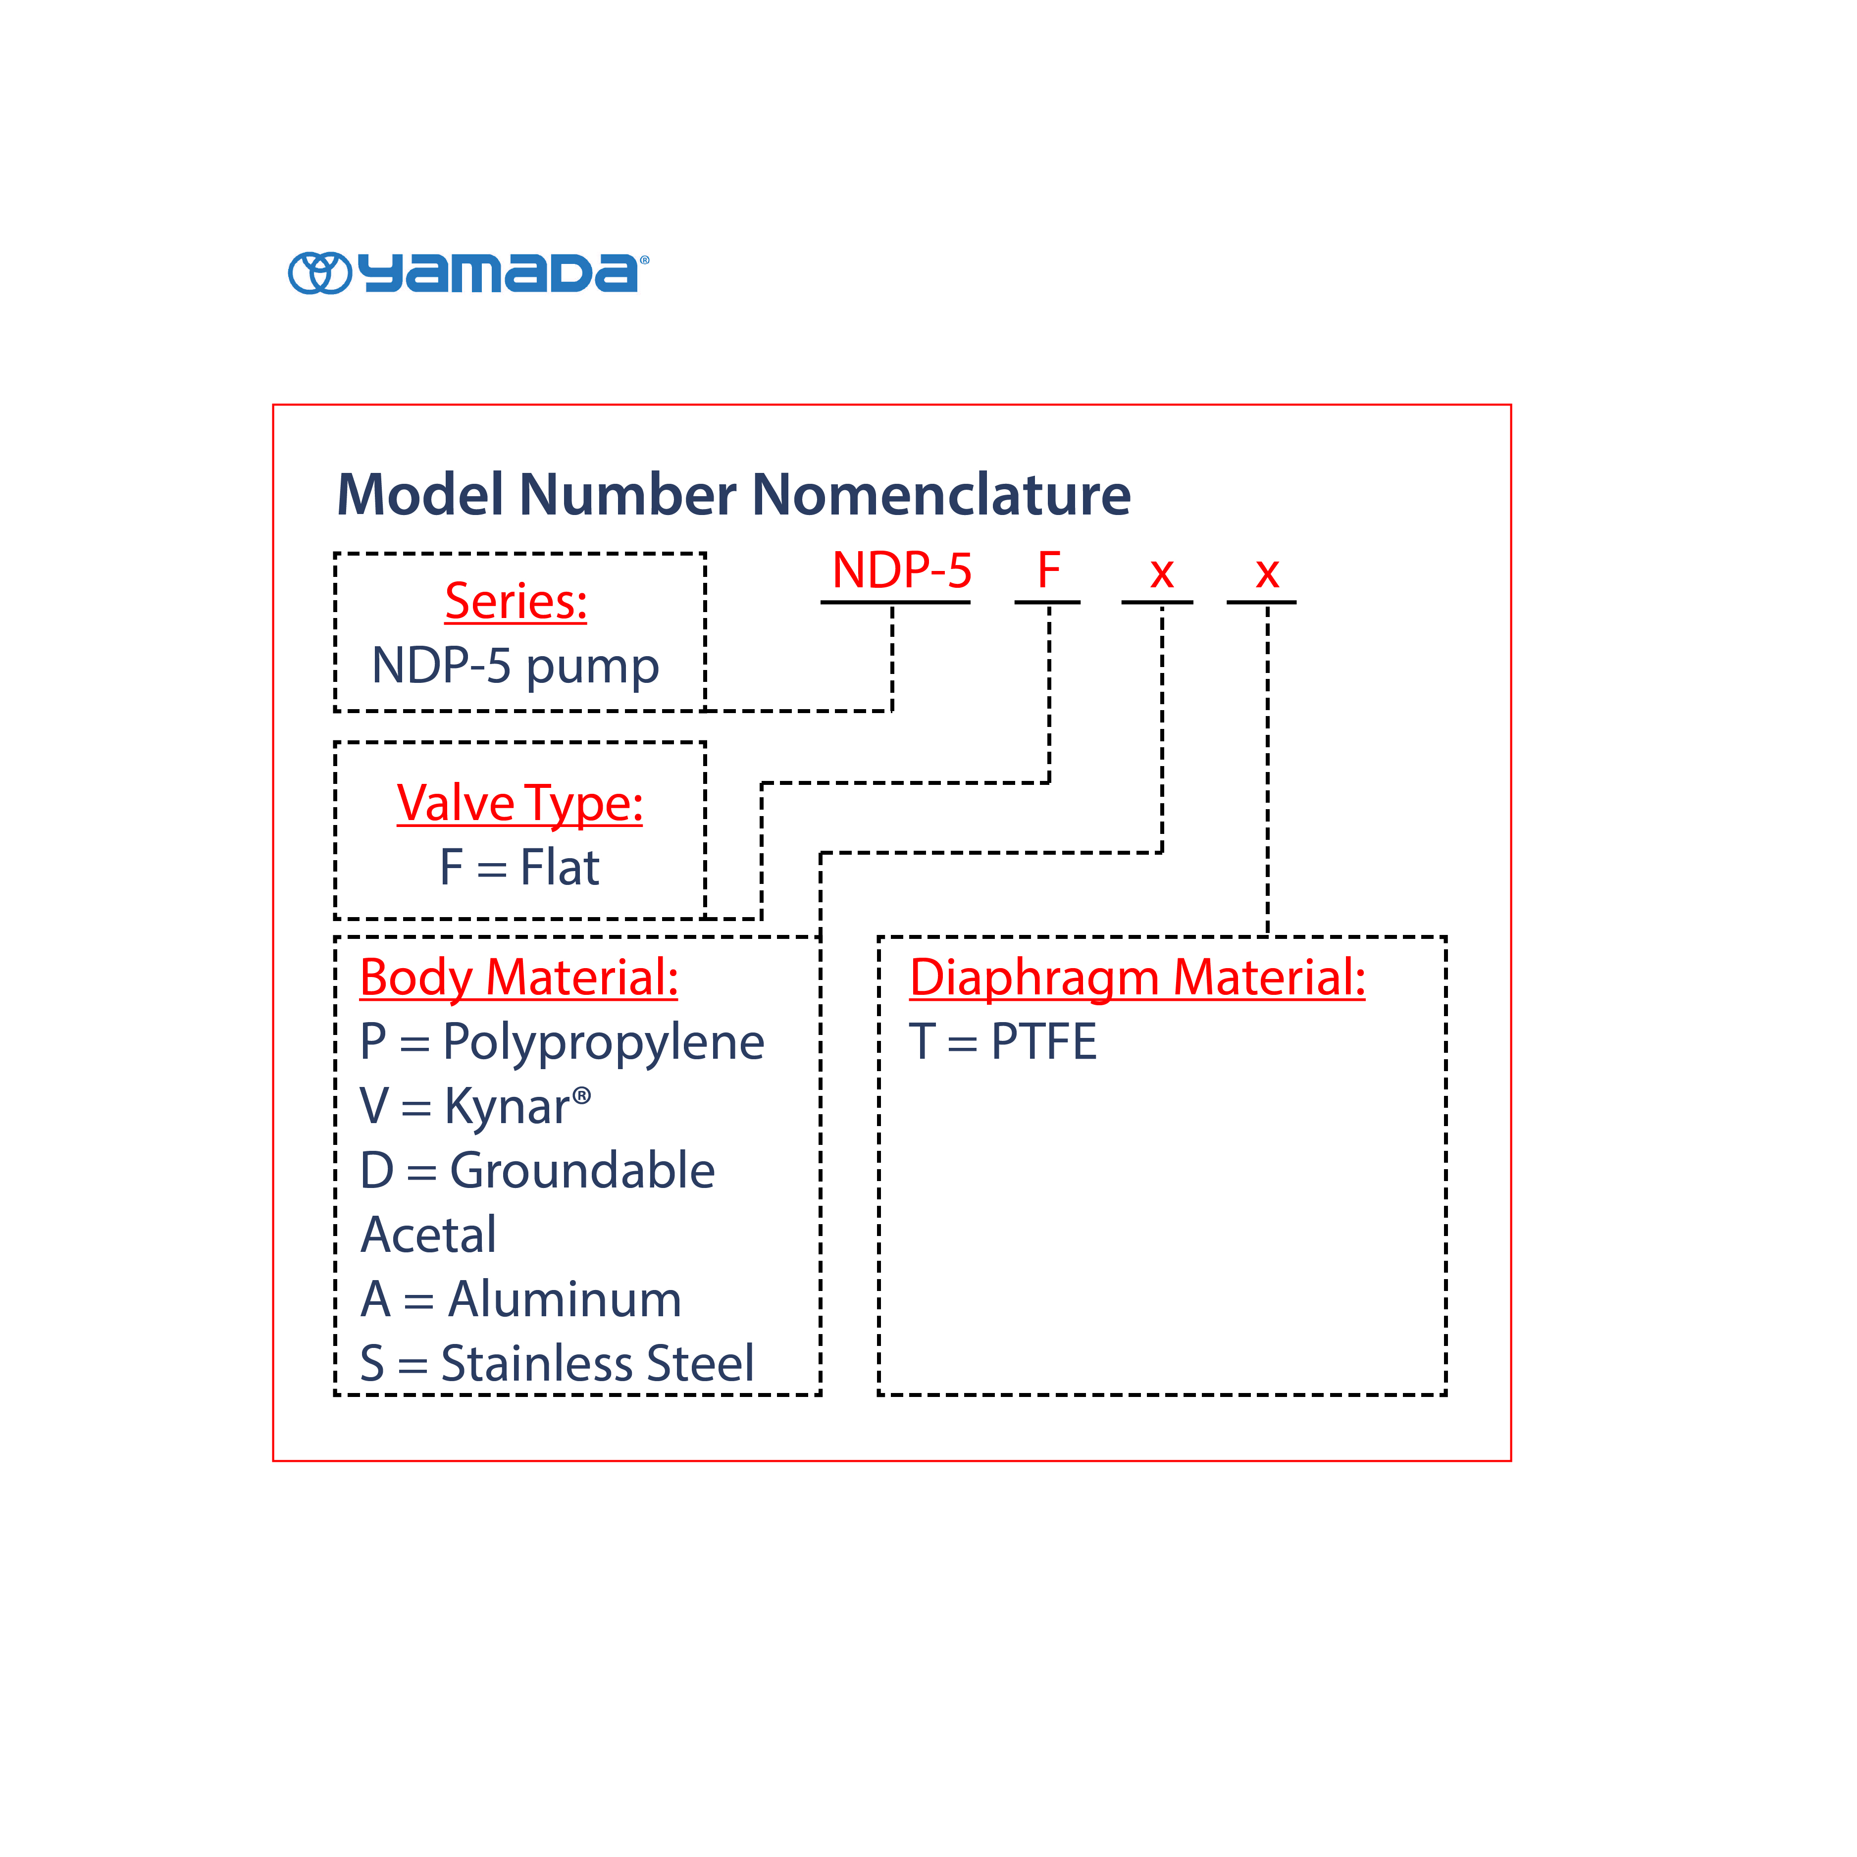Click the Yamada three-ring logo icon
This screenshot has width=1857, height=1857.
320,273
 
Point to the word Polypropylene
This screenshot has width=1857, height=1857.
604,1043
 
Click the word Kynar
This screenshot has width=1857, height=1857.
508,1106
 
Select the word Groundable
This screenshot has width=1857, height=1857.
582,1171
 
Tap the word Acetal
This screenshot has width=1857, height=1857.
429,1235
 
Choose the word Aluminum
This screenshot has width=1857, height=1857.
565,1299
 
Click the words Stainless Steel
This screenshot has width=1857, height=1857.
597,1364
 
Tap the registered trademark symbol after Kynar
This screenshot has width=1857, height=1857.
581,1095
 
